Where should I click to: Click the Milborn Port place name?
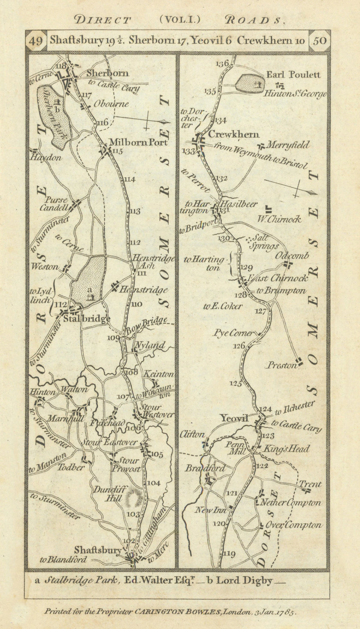point(133,142)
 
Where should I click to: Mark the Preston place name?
point(281,366)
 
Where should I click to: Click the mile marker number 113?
point(135,211)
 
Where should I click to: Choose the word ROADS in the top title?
point(254,20)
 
